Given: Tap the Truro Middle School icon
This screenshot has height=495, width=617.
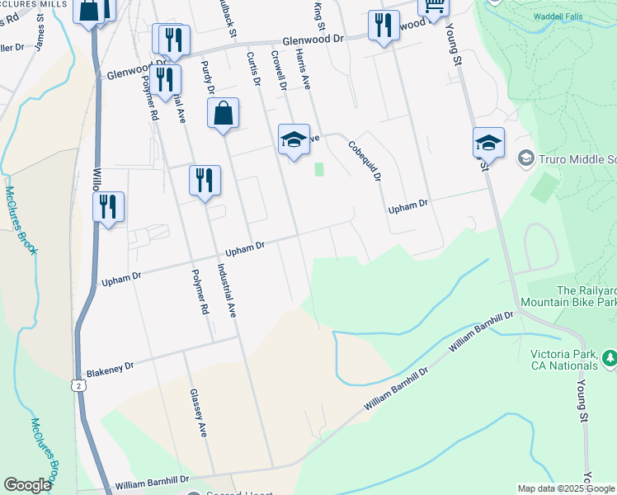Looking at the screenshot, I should (525, 157).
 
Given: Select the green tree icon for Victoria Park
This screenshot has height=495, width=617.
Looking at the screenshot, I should (610, 357).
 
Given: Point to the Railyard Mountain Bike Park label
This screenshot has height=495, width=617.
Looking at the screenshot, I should (586, 297).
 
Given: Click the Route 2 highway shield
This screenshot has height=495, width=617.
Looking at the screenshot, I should (78, 385).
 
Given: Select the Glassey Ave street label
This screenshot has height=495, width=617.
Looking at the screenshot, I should (199, 412).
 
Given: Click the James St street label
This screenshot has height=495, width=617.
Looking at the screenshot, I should (40, 28).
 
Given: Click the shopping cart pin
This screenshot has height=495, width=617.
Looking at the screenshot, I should (433, 7).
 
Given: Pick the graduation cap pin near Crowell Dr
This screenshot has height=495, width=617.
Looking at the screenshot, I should (294, 139).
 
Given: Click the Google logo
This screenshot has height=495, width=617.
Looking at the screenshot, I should (27, 485).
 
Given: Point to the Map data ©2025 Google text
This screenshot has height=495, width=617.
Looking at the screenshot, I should (565, 488).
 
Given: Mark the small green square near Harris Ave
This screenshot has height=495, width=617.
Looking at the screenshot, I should (319, 169).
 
